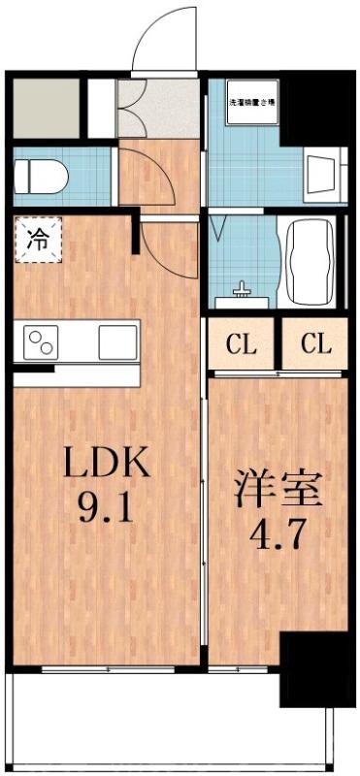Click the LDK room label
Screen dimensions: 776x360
point(107,464)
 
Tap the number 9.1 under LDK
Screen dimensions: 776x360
point(107,506)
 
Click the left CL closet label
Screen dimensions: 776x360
point(242,343)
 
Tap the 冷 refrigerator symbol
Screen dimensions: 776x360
point(37,239)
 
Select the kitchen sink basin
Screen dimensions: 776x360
point(116,341)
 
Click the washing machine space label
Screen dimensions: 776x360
point(254,101)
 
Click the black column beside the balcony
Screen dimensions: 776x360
point(311,669)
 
